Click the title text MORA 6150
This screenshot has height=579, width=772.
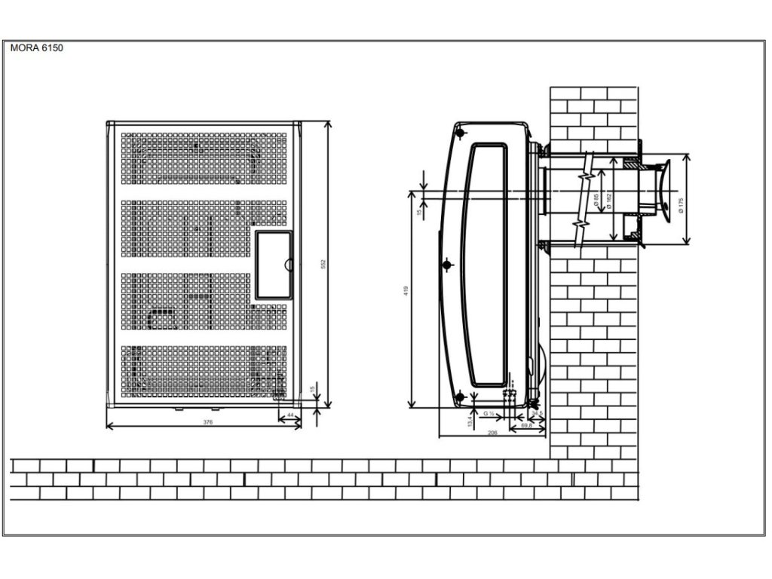coord(37,47)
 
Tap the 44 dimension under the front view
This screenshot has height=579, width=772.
coord(292,415)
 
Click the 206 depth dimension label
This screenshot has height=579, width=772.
coord(492,433)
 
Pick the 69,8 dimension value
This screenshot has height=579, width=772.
coord(528,427)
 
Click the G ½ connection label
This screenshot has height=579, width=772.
coord(489,415)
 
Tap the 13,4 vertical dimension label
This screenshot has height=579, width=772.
coord(469,420)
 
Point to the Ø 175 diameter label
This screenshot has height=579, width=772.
coord(681,206)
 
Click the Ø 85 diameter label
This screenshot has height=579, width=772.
coord(596,201)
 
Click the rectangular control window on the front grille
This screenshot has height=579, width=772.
coord(273,263)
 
